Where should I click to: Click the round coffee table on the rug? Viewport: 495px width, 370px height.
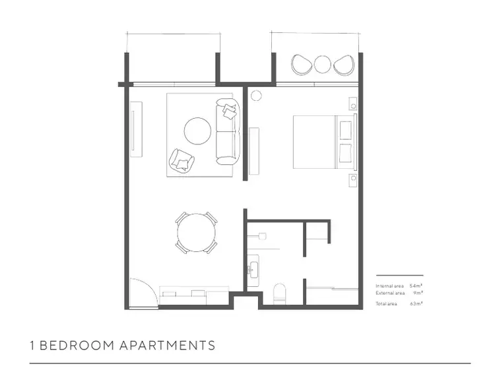(x=197, y=131)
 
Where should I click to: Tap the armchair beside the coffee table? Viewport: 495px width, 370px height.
(x=181, y=160)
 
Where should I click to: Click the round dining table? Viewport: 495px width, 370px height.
(x=196, y=232)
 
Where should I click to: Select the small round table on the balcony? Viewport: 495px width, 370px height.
(x=321, y=64)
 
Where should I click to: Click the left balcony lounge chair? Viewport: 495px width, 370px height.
(x=301, y=65)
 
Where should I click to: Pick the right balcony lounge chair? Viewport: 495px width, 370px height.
(x=343, y=65)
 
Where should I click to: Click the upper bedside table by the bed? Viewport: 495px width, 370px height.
(x=354, y=104)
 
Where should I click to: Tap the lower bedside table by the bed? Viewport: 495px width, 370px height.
(x=354, y=178)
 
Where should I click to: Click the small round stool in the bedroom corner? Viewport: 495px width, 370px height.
(x=256, y=95)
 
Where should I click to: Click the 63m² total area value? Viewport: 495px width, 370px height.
(x=416, y=303)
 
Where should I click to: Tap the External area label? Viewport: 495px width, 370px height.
(x=390, y=292)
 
